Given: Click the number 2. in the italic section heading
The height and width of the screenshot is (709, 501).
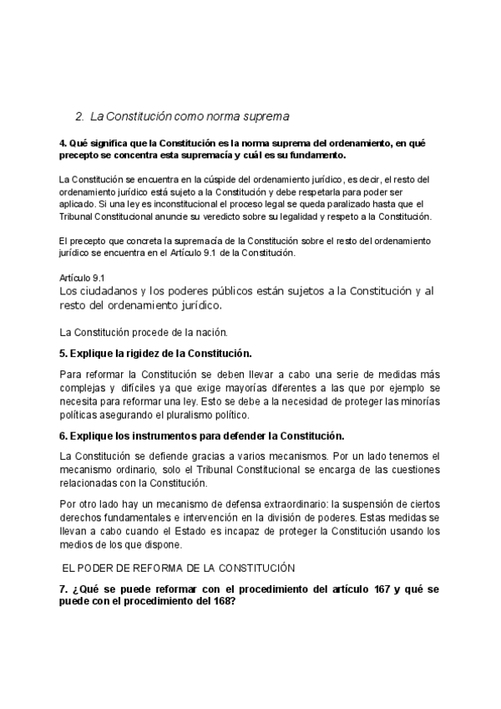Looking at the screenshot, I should [x=80, y=116].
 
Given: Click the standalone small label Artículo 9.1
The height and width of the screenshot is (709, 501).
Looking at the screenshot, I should [x=82, y=276].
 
